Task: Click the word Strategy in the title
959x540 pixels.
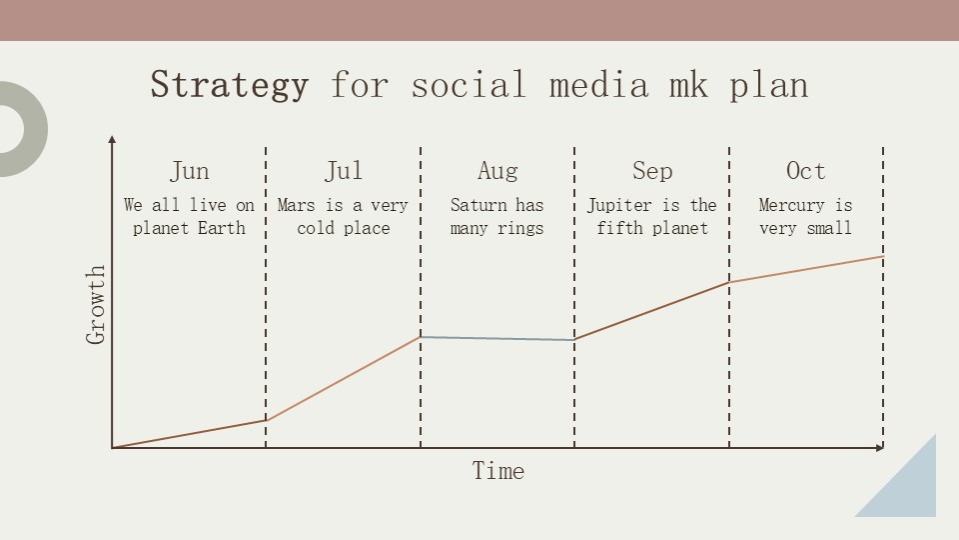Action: tap(229, 85)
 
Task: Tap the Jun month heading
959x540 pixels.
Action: tap(189, 171)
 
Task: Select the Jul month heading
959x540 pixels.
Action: tap(343, 171)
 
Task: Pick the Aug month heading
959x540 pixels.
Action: tap(497, 171)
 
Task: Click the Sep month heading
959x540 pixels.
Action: tap(651, 171)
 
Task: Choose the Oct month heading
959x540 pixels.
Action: tap(805, 171)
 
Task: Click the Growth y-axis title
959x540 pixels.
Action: tap(96, 305)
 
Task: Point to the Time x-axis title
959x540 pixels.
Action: tap(497, 471)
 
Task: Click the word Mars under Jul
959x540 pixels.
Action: tap(296, 205)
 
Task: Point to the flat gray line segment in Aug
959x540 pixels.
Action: tap(497, 339)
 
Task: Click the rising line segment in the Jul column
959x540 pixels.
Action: tap(343, 379)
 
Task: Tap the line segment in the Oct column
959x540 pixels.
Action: tap(805, 269)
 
